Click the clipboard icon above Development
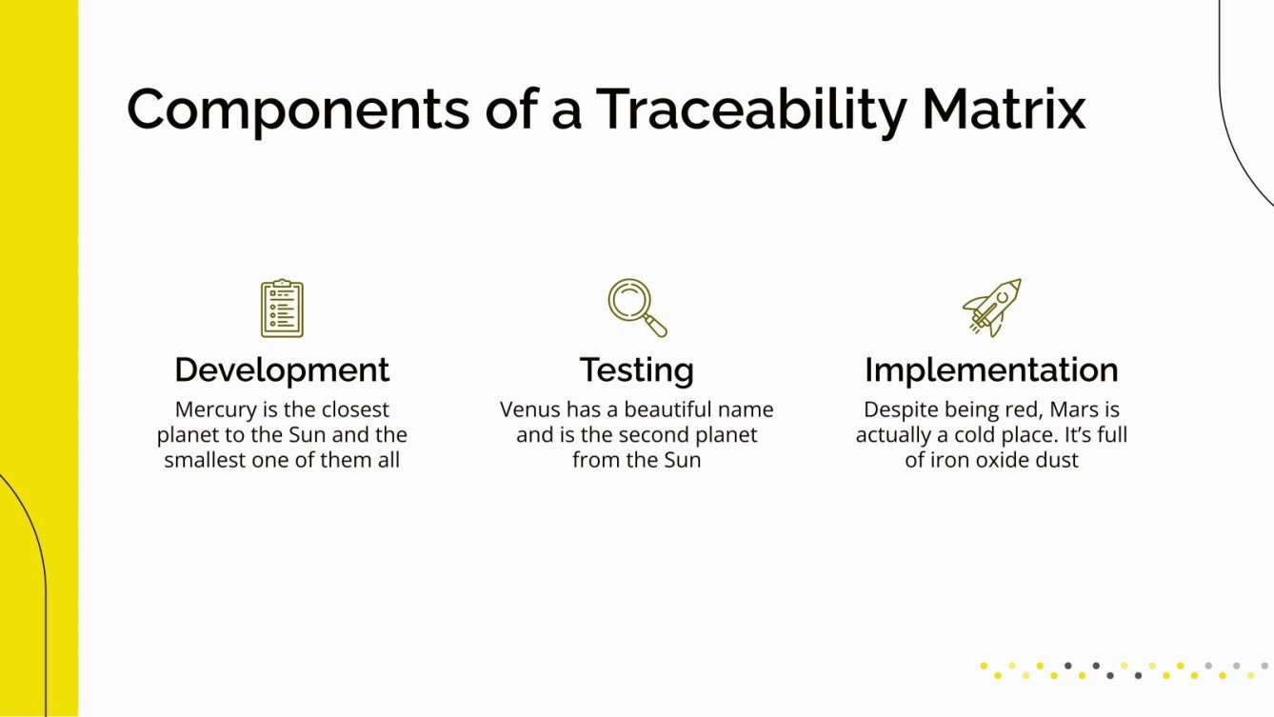pos(282,308)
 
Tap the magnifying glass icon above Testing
pos(637,307)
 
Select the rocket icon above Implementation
pos(991,307)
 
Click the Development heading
pos(282,369)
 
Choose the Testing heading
pos(637,369)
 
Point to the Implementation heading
pos(991,369)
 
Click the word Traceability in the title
pos(750,110)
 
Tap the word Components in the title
pos(298,110)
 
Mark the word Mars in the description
pos(1076,410)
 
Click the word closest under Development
pos(354,410)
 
